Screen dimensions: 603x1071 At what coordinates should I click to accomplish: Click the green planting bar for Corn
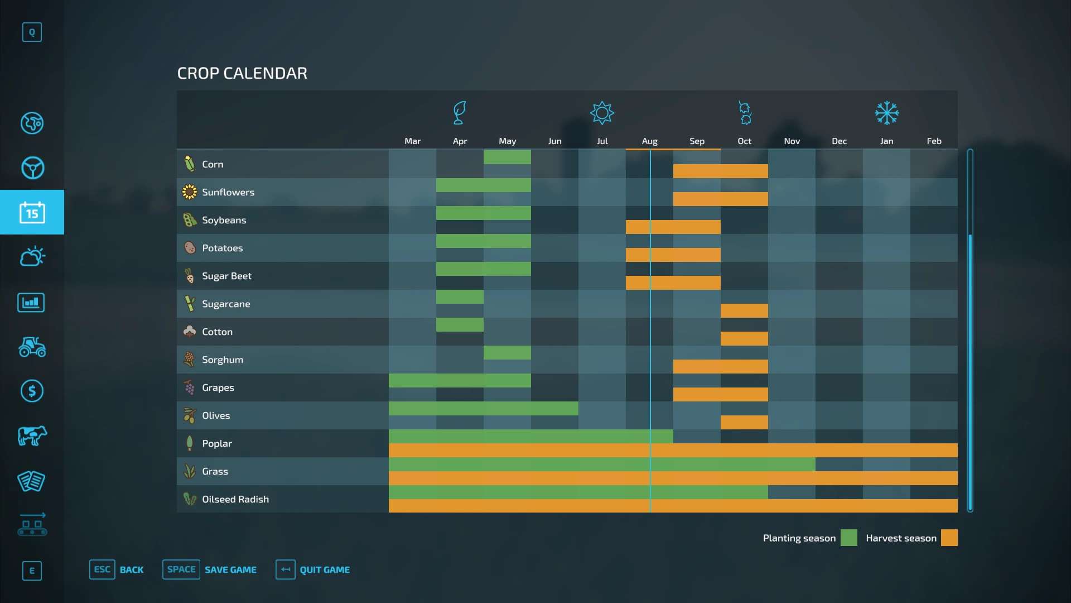click(x=507, y=157)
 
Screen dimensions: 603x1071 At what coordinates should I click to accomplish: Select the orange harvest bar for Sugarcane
click(x=744, y=311)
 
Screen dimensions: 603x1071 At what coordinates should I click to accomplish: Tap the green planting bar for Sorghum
click(x=507, y=353)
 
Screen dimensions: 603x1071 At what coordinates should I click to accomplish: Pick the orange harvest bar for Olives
click(x=744, y=423)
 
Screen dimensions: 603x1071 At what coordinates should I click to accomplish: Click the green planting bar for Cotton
click(x=460, y=325)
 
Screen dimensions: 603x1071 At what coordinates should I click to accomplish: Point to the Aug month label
click(x=649, y=141)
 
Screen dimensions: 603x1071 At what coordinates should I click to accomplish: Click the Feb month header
click(x=934, y=141)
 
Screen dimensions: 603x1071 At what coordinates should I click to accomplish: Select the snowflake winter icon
click(x=886, y=113)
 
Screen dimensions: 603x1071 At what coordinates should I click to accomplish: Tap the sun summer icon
click(x=602, y=113)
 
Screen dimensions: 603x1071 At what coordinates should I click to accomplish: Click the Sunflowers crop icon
click(x=190, y=192)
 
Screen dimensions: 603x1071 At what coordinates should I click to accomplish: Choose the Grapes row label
click(x=218, y=387)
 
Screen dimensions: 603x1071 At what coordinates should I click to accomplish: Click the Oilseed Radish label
click(x=235, y=499)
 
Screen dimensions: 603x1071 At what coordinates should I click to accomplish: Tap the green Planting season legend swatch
click(x=848, y=538)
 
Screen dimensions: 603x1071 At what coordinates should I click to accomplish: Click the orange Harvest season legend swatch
click(x=949, y=538)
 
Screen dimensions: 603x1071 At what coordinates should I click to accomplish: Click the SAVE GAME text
click(x=230, y=569)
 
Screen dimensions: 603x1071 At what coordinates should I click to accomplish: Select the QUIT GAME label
click(x=325, y=569)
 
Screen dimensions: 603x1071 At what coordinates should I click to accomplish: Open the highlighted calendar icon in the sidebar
click(x=32, y=212)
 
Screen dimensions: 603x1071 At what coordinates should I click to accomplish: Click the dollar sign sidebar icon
click(x=32, y=391)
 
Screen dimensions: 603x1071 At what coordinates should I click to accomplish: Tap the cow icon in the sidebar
click(x=32, y=435)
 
